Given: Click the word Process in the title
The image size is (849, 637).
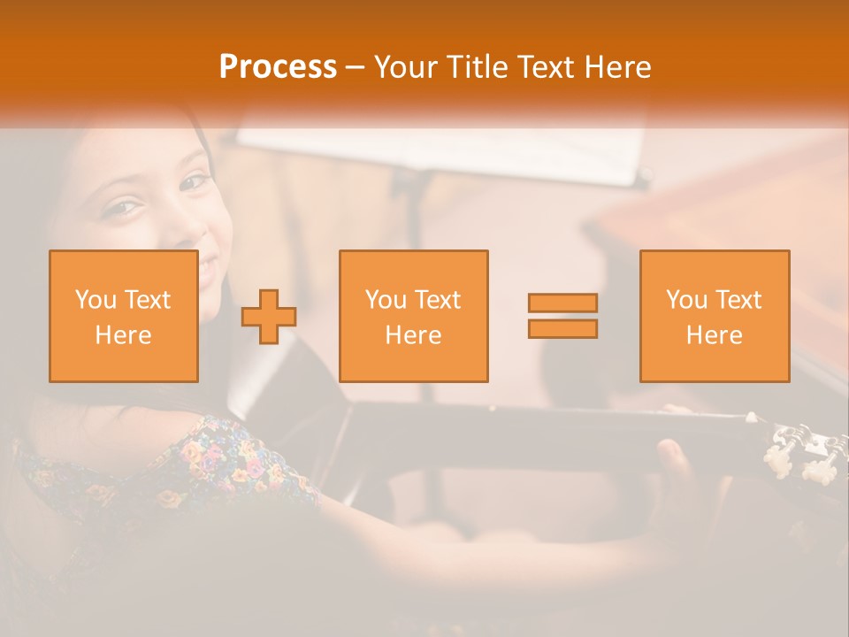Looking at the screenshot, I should pyautogui.click(x=278, y=66).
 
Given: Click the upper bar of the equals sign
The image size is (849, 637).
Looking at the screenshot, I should pyautogui.click(x=562, y=303).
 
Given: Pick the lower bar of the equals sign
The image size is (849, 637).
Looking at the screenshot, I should pyautogui.click(x=562, y=328).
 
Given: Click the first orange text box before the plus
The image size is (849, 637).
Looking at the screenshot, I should pyautogui.click(x=123, y=316).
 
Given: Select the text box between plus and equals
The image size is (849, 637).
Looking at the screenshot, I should pyautogui.click(x=413, y=316).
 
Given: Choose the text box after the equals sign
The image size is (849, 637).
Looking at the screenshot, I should pyautogui.click(x=714, y=316).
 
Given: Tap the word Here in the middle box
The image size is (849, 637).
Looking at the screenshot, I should pyautogui.click(x=413, y=335).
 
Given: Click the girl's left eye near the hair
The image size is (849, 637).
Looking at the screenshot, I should pyautogui.click(x=122, y=208).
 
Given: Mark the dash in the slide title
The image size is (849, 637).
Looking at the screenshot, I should pyautogui.click(x=356, y=67).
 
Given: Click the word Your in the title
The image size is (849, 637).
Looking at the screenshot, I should pyautogui.click(x=406, y=66).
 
